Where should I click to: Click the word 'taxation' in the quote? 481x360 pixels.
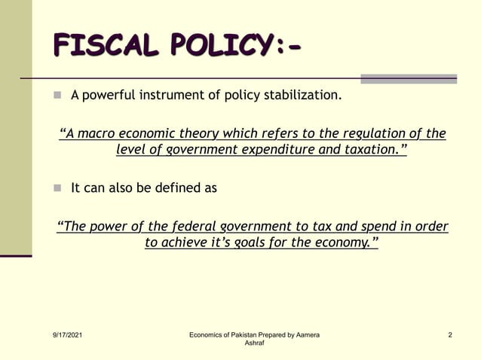tap(372, 150)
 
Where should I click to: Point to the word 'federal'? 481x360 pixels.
tap(191, 227)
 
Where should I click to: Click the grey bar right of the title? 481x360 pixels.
tap(408, 78)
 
